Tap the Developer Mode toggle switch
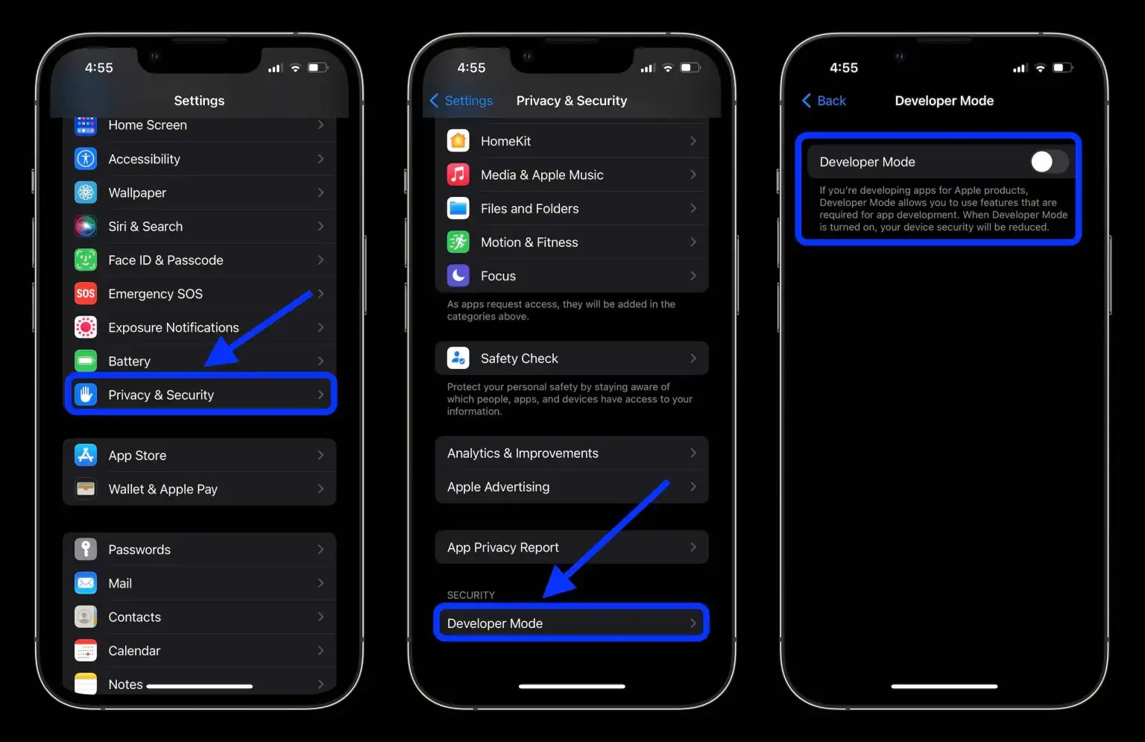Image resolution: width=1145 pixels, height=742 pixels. click(x=1048, y=162)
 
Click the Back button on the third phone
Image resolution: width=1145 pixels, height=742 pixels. click(x=824, y=101)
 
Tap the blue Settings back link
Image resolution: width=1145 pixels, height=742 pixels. click(x=461, y=101)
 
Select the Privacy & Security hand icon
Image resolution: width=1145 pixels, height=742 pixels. click(x=86, y=394)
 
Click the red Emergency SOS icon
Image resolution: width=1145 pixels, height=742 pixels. click(x=86, y=294)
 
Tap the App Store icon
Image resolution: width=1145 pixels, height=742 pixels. click(x=86, y=455)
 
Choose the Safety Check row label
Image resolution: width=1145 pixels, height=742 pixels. click(x=519, y=359)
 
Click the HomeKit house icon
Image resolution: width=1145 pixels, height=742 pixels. click(x=458, y=141)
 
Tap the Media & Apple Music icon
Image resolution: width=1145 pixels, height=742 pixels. click(x=458, y=175)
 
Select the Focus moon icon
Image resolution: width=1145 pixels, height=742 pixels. click(x=458, y=276)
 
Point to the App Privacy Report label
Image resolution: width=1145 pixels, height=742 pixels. click(x=502, y=547)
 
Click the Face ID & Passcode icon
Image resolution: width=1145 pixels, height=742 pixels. click(x=86, y=260)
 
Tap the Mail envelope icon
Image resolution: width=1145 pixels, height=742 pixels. click(x=86, y=583)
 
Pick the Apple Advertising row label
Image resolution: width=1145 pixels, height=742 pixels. click(x=498, y=487)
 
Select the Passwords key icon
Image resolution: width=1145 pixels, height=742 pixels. click(x=86, y=550)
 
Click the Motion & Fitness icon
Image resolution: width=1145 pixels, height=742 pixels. click(x=458, y=242)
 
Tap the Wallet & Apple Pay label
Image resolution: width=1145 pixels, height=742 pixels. click(x=163, y=489)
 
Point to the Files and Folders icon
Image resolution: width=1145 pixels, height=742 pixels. click(x=458, y=209)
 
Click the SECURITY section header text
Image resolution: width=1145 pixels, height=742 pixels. click(x=470, y=595)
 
